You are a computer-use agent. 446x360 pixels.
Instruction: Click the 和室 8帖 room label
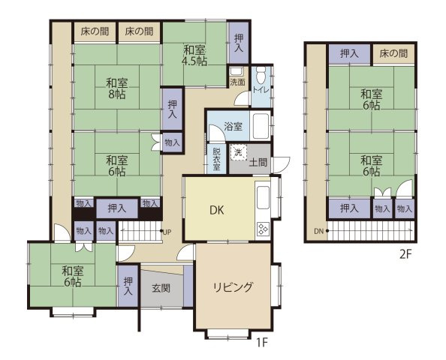116,88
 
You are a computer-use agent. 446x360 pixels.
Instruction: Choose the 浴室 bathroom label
232,127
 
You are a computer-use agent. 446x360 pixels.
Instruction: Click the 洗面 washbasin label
237,82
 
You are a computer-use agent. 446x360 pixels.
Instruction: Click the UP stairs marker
169,230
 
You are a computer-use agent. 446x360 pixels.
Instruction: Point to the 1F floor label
262,343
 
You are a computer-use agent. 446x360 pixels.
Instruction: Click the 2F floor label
405,254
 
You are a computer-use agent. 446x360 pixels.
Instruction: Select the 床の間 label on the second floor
393,54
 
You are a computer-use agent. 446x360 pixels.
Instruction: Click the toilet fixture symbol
260,75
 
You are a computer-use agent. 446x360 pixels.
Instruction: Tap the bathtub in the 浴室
260,126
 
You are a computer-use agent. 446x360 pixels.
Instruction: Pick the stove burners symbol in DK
264,228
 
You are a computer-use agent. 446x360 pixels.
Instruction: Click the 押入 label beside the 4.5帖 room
239,42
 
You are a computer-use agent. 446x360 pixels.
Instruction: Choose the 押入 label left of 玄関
128,286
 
